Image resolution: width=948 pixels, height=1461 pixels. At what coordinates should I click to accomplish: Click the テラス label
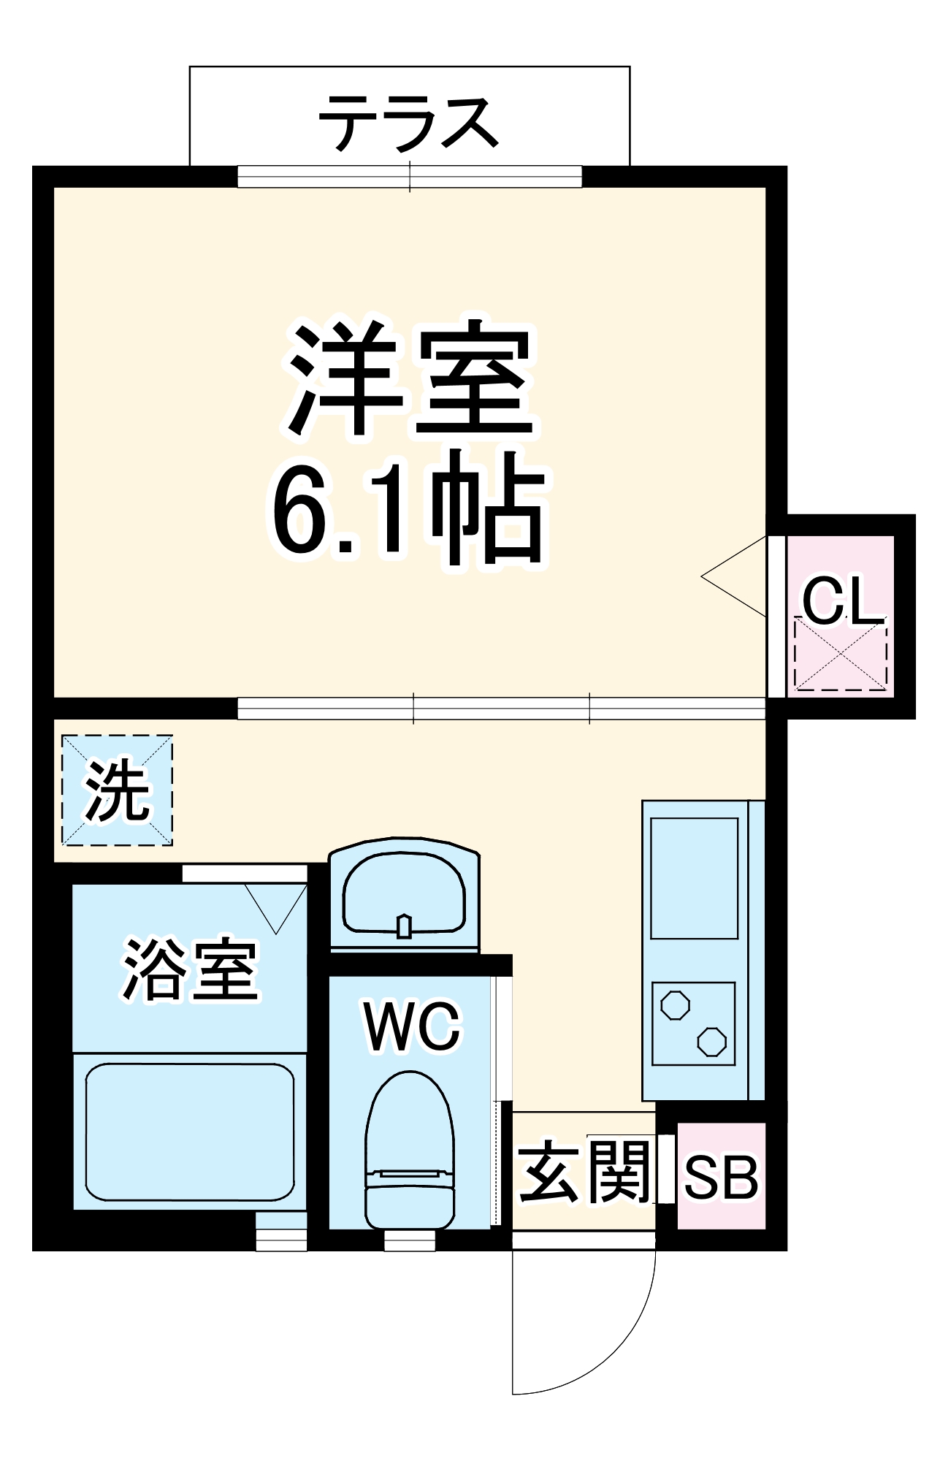(x=409, y=123)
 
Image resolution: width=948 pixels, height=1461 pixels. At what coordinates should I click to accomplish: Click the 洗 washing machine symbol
(x=117, y=790)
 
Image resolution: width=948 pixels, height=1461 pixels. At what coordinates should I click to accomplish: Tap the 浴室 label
(x=190, y=970)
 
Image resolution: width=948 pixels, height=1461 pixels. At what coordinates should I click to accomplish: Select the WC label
(x=413, y=1027)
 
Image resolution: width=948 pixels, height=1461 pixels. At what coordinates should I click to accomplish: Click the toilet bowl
(x=409, y=1140)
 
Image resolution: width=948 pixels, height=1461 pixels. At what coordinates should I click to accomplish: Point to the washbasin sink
(x=404, y=895)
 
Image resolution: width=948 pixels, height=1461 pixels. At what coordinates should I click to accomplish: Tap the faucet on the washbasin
(x=404, y=926)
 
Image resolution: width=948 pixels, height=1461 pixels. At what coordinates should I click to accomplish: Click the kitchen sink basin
(x=694, y=878)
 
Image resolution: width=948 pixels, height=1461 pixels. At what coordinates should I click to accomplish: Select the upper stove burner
(x=675, y=1005)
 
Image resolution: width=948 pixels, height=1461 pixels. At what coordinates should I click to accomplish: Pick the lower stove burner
(x=711, y=1042)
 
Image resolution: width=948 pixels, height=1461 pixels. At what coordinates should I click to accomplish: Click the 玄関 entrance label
(x=584, y=1173)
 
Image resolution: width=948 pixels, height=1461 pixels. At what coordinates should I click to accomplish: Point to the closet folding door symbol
(x=734, y=577)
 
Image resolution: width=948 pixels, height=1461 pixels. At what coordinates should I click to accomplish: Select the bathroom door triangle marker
(x=276, y=906)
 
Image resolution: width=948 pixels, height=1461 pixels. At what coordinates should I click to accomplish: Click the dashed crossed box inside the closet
(x=841, y=655)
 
